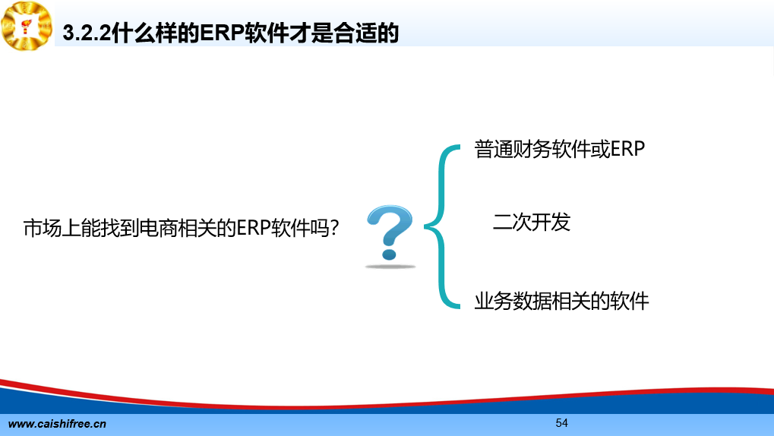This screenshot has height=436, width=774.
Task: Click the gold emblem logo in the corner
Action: click(27, 26)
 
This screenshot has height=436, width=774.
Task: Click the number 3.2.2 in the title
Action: click(87, 33)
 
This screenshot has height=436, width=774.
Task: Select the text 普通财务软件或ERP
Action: click(559, 149)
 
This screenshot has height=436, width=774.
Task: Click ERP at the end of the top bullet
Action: click(627, 149)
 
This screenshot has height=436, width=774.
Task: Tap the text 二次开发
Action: click(532, 223)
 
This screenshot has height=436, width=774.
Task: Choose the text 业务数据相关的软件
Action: click(561, 302)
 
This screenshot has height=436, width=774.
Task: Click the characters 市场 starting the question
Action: click(43, 228)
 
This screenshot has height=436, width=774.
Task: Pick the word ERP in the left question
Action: click(254, 228)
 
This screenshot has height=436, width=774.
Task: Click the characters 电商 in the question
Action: click(158, 228)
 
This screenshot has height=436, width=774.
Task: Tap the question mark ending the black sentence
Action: click(334, 228)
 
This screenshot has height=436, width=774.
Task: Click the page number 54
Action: click(562, 422)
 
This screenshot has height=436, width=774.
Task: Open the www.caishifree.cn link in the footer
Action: click(57, 424)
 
